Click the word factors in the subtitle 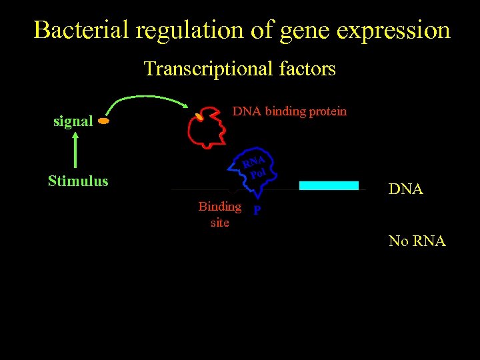click(307, 69)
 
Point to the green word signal click(73, 121)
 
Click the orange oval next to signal click(103, 122)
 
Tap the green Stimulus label click(78, 181)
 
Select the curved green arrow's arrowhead click(185, 104)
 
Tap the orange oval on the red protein click(199, 118)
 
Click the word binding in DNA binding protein click(287, 111)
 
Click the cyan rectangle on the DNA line click(329, 185)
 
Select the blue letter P click(257, 211)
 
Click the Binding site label click(219, 214)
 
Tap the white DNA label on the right click(405, 189)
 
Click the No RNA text click(417, 241)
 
